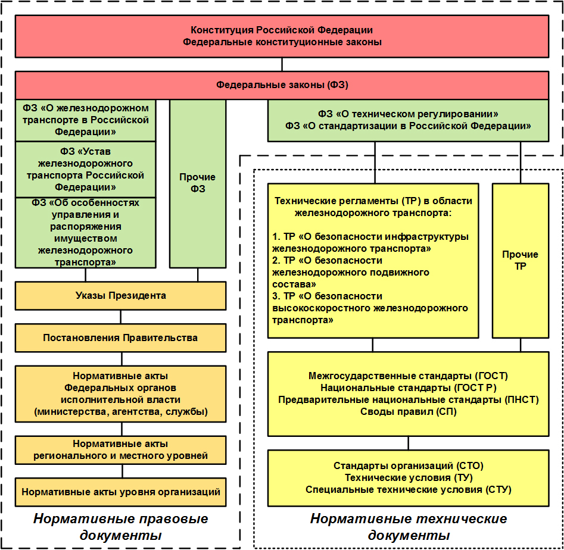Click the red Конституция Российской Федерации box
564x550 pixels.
click(282, 36)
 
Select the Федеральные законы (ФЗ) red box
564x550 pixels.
click(282, 85)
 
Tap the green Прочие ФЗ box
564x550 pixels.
click(198, 183)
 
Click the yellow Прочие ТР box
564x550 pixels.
click(520, 260)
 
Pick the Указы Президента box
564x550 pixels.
click(120, 295)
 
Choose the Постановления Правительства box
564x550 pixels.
click(120, 337)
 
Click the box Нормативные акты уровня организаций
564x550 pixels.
click(120, 492)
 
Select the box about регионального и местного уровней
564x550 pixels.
click(120, 450)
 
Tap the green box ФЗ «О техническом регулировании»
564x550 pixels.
click(408, 120)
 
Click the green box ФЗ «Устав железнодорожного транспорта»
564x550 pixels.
click(85, 169)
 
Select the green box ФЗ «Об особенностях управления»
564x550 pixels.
click(85, 232)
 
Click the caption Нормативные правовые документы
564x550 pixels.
click(120, 527)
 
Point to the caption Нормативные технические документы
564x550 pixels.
click(408, 527)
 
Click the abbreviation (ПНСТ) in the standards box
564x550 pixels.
click(521, 399)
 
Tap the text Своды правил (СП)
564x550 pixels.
click(408, 411)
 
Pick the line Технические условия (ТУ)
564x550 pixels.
click(408, 477)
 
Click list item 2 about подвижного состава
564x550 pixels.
click(351, 272)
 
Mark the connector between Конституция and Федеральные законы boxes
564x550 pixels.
click(282, 64)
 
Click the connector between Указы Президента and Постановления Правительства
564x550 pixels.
click(122, 317)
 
